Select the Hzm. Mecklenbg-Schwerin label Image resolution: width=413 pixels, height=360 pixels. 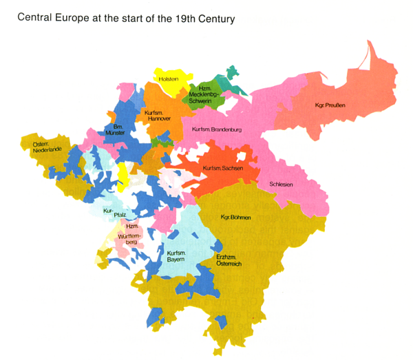coord(204,96)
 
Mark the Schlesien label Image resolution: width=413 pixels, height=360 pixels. coord(281,184)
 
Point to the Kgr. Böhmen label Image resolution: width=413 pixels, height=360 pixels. coord(236,218)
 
